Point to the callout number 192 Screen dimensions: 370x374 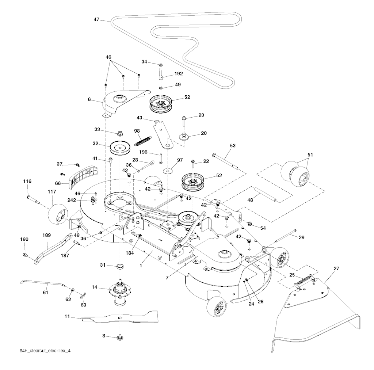[179, 73]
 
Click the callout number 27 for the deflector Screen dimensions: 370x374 [336, 268]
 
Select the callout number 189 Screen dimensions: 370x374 [47, 236]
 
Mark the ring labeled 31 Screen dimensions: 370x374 [119, 266]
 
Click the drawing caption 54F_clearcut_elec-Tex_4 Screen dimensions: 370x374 [47, 351]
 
